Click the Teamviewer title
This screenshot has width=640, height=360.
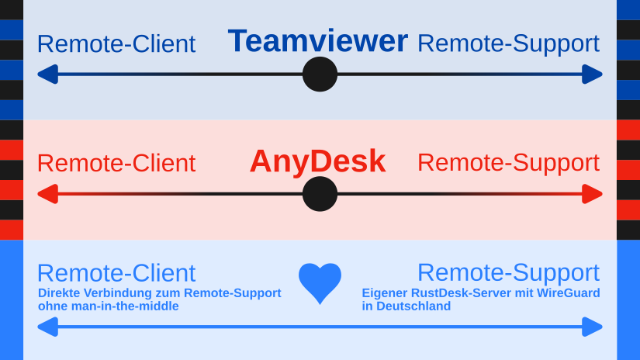(x=318, y=41)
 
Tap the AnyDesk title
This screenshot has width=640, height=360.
(x=317, y=161)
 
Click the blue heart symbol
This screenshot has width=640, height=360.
(x=320, y=282)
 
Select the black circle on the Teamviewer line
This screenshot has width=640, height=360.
(x=320, y=74)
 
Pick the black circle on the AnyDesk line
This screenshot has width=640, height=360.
(x=320, y=194)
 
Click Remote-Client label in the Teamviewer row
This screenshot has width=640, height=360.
(x=116, y=44)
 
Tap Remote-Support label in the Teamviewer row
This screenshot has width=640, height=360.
(x=508, y=43)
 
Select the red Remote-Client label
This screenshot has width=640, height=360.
(x=116, y=164)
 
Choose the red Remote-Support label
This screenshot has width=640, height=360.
(x=508, y=163)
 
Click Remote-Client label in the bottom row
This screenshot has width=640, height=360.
(x=116, y=273)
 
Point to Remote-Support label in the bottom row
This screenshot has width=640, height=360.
(x=508, y=272)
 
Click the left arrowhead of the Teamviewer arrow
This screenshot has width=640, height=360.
(x=47, y=74)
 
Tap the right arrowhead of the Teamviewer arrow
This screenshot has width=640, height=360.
(x=593, y=74)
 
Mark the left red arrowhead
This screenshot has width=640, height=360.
(x=47, y=194)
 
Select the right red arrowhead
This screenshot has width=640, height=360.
(x=593, y=194)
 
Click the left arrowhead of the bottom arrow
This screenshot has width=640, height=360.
(x=47, y=327)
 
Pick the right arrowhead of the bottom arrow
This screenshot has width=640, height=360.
(x=593, y=327)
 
